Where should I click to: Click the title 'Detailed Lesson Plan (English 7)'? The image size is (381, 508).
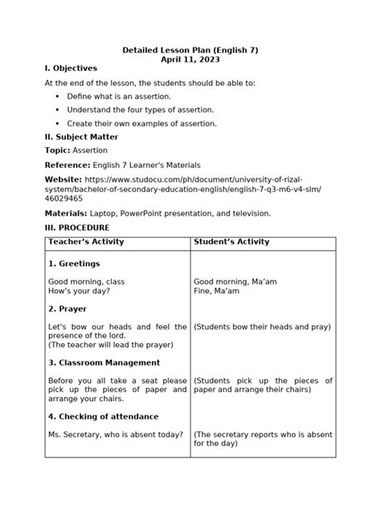point(190,51)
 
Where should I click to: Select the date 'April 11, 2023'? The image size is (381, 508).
point(190,60)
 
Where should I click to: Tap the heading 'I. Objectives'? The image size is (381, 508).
point(71,69)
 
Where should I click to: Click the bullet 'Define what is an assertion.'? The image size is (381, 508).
point(119,96)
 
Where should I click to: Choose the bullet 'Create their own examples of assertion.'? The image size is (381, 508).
point(142,123)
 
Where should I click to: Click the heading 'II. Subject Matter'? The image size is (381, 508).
point(82,137)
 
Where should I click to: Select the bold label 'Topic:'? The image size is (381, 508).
point(58,150)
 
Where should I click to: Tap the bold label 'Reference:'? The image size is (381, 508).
point(68,164)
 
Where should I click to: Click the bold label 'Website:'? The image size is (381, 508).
point(63,178)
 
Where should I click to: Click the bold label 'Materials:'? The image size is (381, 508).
point(66,213)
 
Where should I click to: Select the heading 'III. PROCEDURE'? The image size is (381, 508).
point(77,228)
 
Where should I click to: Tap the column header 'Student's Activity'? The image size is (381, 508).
point(231,242)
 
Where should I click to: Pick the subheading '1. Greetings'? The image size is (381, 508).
point(74,264)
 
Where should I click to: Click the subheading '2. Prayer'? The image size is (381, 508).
point(69,309)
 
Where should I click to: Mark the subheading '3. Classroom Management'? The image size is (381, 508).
point(104,363)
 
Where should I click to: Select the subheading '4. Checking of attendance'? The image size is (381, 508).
point(104,416)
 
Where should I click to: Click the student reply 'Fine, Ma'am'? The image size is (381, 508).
point(218,291)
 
